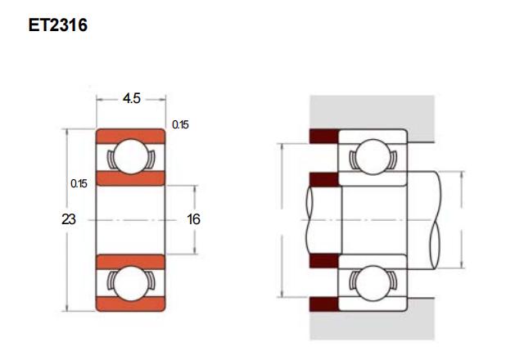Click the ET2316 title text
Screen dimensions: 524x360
(58, 25)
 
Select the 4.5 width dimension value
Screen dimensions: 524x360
(131, 98)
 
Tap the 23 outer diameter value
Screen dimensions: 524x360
(69, 219)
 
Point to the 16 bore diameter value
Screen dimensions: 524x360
(193, 219)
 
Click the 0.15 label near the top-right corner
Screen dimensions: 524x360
(180, 125)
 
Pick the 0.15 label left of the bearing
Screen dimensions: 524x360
(79, 183)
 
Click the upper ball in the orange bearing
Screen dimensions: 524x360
(131, 156)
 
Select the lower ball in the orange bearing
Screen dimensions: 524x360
(131, 283)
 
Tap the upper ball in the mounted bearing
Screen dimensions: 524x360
(373, 156)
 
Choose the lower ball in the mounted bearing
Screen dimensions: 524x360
(373, 283)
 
